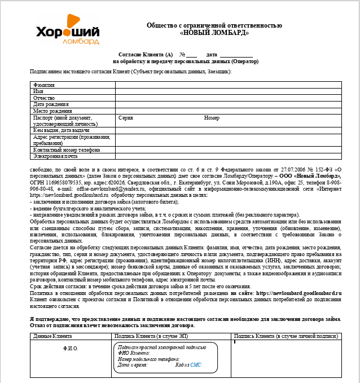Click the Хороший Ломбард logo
point(67,34)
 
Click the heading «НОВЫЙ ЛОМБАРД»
point(214,33)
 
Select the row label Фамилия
point(44,85)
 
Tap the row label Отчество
point(44,98)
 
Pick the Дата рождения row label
point(51,104)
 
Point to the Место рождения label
point(52,111)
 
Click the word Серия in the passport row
point(126,118)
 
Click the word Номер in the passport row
point(212,118)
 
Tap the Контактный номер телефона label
point(67,150)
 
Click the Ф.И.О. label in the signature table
point(71,349)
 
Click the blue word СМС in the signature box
point(196,366)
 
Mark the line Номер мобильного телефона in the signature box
point(149,359)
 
